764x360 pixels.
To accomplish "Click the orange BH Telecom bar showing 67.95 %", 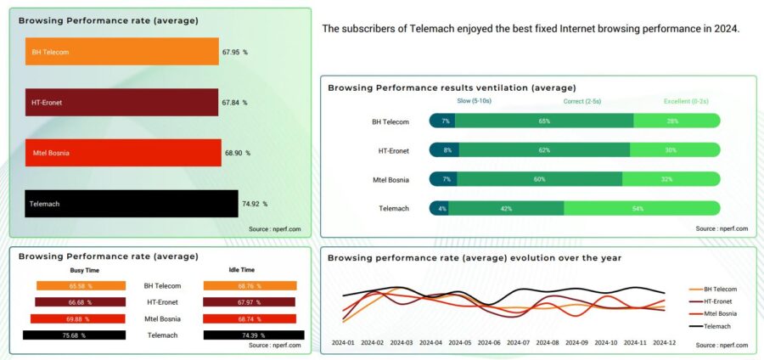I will [x=121, y=52].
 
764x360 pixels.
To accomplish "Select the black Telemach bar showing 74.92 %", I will [x=132, y=204].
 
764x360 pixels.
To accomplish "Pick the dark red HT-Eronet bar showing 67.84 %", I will [x=121, y=103].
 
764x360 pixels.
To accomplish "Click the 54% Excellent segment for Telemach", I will [x=642, y=208].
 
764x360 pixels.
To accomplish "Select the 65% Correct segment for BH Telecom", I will [x=544, y=121].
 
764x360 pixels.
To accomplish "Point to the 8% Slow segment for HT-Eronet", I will [x=445, y=150].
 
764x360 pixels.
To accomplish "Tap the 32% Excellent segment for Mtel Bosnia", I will [x=671, y=179].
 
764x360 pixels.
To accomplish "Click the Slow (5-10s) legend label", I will [x=475, y=101].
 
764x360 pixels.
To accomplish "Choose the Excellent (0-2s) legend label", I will [x=689, y=101].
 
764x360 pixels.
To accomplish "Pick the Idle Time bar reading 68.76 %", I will [x=250, y=286].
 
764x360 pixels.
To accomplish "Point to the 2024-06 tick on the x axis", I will [x=489, y=343].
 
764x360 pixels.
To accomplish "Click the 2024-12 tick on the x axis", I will [x=665, y=343].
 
